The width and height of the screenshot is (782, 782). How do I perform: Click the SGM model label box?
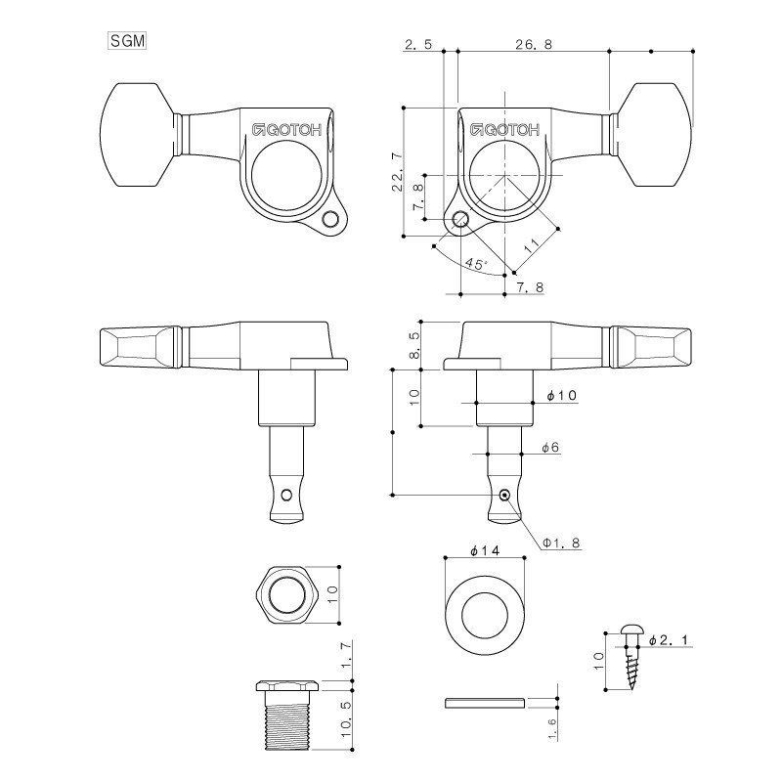[x=127, y=41]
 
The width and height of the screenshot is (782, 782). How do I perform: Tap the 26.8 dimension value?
[x=534, y=44]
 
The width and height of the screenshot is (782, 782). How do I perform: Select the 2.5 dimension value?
[x=418, y=44]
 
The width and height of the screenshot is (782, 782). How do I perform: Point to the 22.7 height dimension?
[x=398, y=173]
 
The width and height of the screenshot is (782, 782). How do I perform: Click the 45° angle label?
[x=476, y=263]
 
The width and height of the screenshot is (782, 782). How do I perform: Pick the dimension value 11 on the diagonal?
[x=532, y=245]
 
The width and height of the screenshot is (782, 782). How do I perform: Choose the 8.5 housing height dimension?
[x=414, y=346]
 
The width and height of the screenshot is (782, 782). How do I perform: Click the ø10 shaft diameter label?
[x=561, y=396]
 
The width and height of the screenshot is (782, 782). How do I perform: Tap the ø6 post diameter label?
[x=550, y=448]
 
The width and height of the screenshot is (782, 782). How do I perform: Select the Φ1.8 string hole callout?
[x=561, y=543]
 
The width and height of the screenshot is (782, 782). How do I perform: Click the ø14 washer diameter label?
[x=484, y=550]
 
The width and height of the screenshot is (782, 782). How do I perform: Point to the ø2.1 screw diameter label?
[x=669, y=640]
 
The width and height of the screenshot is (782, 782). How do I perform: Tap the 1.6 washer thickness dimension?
[x=551, y=729]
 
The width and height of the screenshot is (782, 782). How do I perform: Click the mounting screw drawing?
[x=631, y=656]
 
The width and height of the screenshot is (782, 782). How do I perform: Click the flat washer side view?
[x=484, y=703]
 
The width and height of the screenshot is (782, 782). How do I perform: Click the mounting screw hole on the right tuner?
[x=460, y=219]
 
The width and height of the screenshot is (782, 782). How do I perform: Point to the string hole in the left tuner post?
[x=286, y=496]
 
